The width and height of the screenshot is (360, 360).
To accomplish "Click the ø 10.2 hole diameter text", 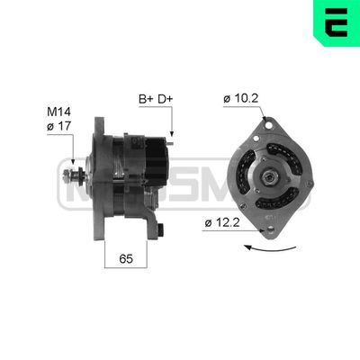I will [243, 98].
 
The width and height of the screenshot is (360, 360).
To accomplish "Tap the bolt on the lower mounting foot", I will [162, 231].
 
